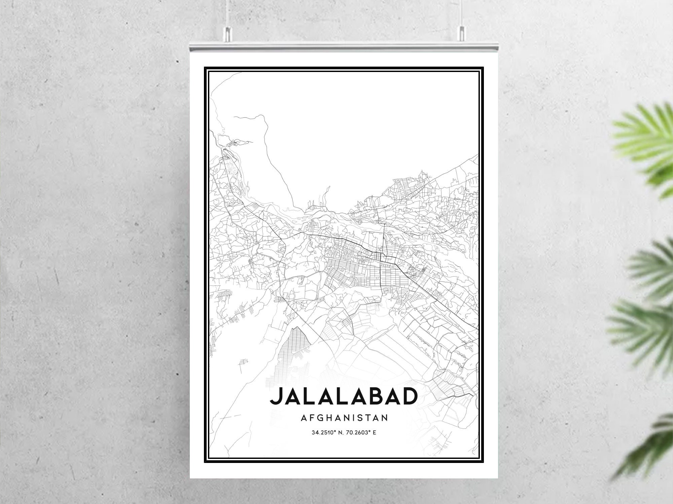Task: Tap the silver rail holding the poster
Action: tap(344, 47)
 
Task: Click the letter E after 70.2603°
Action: tap(374, 433)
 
